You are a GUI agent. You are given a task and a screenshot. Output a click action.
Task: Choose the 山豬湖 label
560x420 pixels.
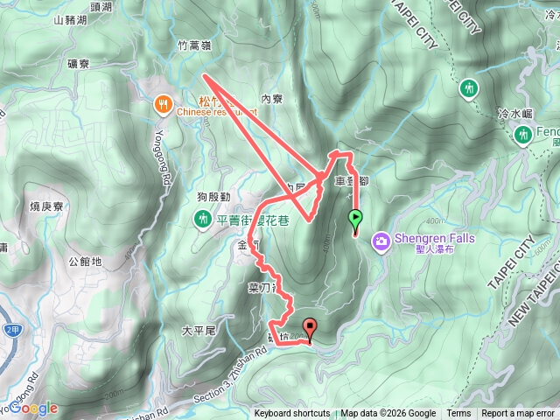click(70, 19)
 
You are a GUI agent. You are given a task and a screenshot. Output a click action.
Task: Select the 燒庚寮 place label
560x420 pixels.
click(47, 206)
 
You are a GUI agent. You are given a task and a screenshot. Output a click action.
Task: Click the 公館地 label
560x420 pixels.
click(84, 261)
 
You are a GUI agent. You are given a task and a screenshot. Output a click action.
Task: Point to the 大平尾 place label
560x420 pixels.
click(198, 331)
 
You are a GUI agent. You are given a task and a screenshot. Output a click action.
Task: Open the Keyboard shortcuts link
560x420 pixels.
click(292, 414)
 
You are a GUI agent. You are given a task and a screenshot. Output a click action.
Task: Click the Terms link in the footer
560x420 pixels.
click(458, 414)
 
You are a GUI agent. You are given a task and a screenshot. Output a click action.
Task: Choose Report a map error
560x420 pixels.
click(519, 414)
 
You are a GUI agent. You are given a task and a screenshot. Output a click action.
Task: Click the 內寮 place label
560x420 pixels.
click(272, 99)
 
